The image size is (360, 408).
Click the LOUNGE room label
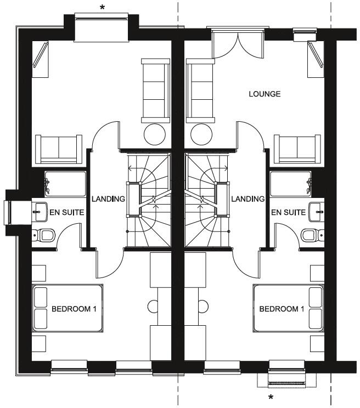265,94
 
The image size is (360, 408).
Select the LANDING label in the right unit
248,199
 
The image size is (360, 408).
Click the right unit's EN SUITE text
288,211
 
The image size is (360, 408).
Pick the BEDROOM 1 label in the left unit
74,309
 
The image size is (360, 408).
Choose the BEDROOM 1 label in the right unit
281,309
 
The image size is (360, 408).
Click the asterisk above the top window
102,7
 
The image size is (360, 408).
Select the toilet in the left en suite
46,235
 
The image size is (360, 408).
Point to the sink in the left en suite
41,209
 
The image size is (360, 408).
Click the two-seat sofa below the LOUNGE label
296,148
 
